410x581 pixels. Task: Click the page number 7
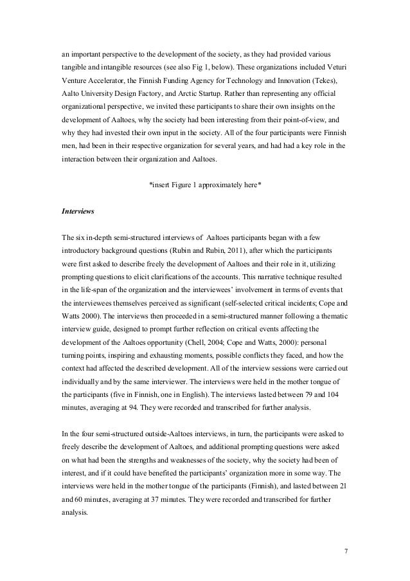(346, 551)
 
